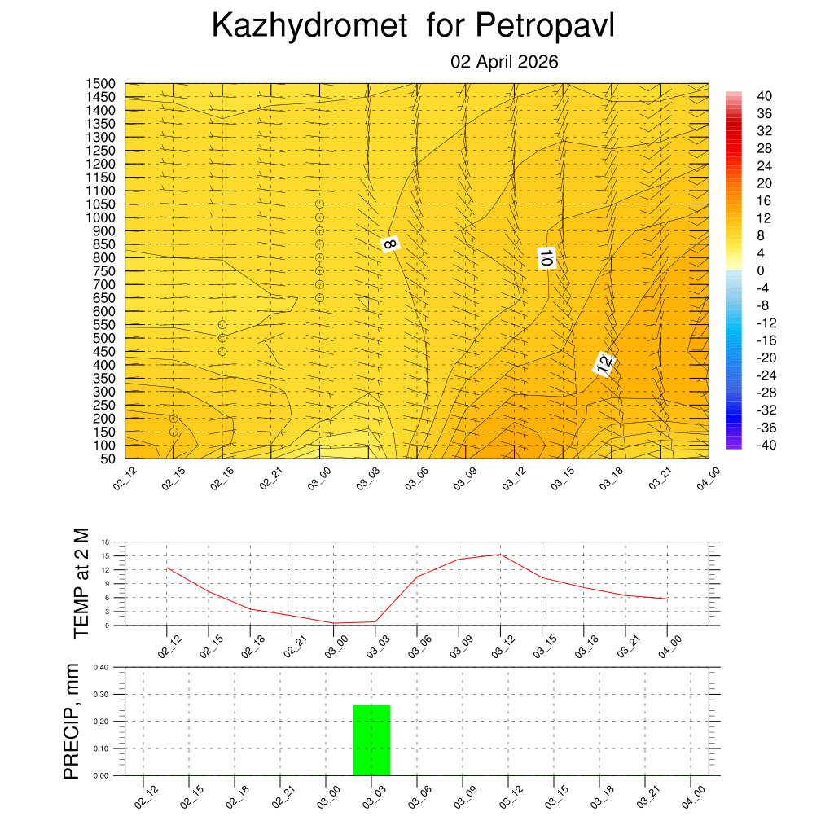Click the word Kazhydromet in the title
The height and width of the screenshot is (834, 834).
309,26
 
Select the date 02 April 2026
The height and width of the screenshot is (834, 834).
504,63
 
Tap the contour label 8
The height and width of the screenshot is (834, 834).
390,244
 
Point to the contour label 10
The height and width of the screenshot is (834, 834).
546,258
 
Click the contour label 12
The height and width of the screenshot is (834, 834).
604,365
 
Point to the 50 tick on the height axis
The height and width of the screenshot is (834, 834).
106,459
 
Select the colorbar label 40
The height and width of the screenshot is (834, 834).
764,95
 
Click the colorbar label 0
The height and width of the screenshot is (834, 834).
761,270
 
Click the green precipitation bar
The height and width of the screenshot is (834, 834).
371,740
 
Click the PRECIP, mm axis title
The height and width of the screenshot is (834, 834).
72,722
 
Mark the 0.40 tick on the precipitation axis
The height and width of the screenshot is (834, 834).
100,667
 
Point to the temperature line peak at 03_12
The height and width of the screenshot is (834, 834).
500,555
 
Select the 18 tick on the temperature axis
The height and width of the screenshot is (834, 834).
105,542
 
